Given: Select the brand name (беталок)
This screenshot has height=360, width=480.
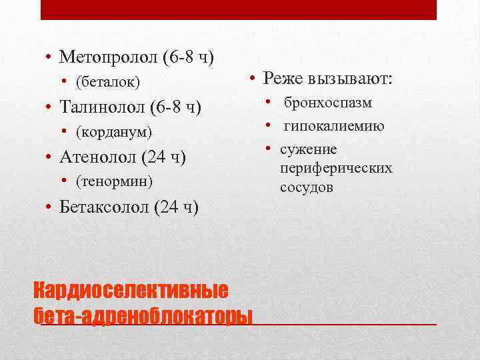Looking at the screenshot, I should pos(108,81).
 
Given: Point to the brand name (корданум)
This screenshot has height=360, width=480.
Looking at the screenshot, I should pos(114,131).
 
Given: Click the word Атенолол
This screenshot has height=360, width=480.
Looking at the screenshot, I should pos(99,157).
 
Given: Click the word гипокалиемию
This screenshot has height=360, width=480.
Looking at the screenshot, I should pos(333,126).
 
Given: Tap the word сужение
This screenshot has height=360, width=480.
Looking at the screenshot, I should pos(308,149).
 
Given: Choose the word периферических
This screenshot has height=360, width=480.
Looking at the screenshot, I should pos(336,168).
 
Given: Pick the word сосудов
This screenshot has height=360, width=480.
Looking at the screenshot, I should pos(306,187).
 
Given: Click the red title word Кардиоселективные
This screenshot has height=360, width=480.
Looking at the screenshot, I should pos(131,291).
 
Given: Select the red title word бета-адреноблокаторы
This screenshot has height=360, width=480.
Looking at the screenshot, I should pos(143,315).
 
